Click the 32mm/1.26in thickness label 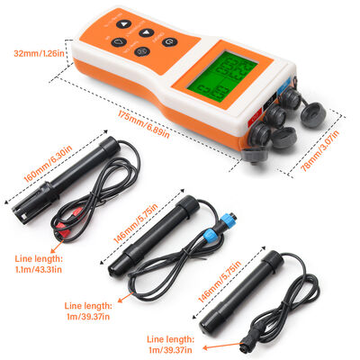[39, 53]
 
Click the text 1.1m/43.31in [38, 269]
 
